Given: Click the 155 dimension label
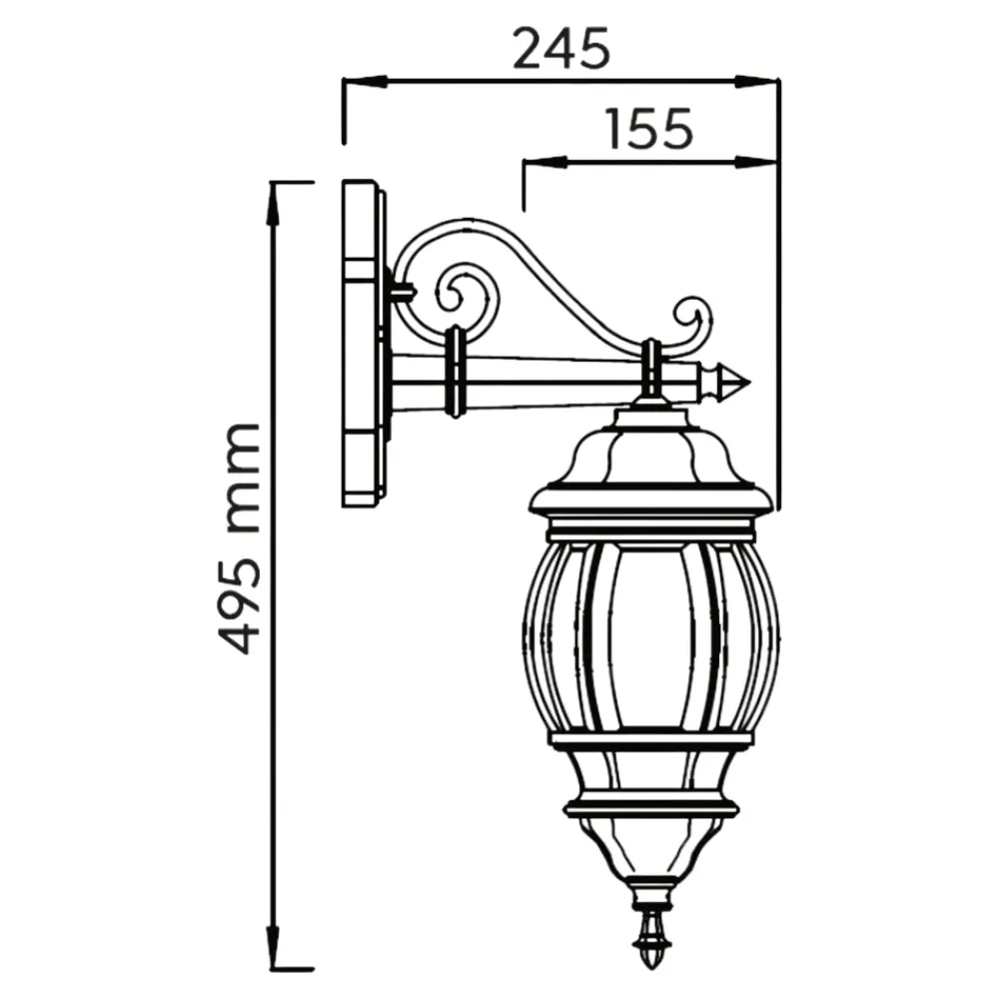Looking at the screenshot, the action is click(649, 129).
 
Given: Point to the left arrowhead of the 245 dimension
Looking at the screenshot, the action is click(365, 82).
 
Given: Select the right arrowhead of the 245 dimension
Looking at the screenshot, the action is click(756, 82).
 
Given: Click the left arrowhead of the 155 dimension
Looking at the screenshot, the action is click(544, 162).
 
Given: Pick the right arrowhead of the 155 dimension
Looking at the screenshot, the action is click(756, 162).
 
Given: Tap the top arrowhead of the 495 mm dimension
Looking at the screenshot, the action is click(274, 204).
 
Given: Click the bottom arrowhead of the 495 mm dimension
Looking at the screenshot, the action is click(274, 946).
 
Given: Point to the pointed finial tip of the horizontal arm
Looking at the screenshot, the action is click(749, 383).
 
